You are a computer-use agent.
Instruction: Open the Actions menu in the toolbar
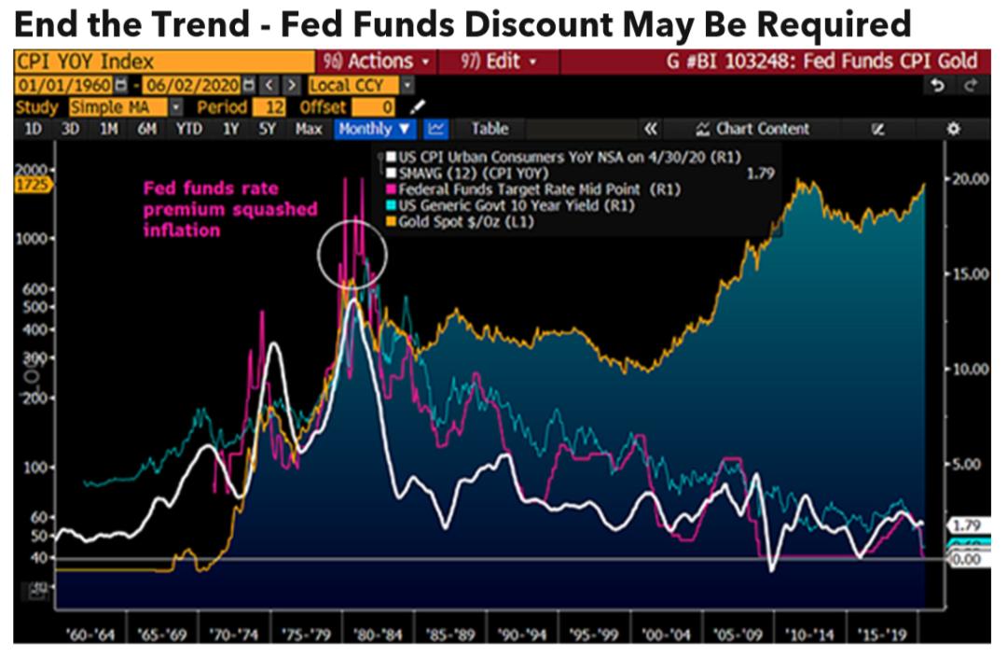tap(377, 62)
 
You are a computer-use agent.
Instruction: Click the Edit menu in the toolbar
tap(500, 62)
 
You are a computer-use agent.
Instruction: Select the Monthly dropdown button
tap(374, 129)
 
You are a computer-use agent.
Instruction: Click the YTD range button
tap(188, 129)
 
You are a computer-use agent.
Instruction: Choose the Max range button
tap(309, 129)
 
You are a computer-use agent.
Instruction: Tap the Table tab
tap(490, 129)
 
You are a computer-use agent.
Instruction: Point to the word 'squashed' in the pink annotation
tap(275, 208)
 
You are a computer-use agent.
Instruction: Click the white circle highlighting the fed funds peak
tap(351, 252)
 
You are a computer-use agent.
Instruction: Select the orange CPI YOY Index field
tap(163, 62)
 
